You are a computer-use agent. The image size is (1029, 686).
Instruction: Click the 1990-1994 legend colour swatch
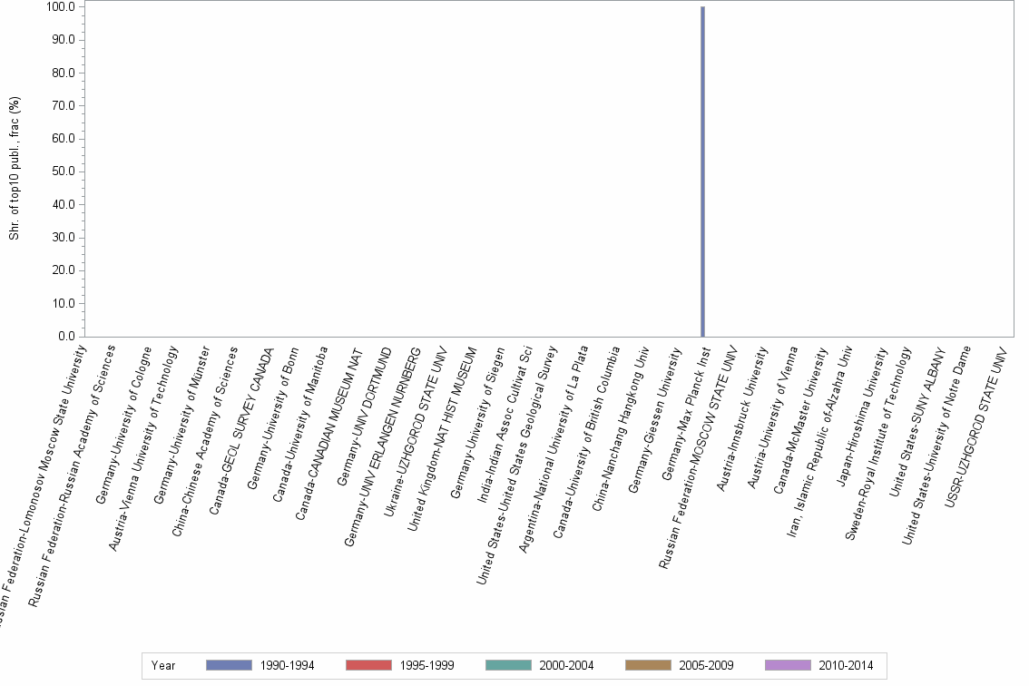tap(229, 665)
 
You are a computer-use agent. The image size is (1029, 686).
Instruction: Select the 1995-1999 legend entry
tap(396, 665)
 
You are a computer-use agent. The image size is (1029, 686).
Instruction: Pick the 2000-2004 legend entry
tap(535, 665)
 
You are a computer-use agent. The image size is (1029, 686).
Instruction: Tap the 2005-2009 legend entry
tap(675, 665)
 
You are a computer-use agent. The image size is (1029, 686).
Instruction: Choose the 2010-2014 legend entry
tap(815, 665)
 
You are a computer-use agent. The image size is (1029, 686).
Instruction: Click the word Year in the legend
tap(163, 665)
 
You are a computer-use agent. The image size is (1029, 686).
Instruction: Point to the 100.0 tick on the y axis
tap(65, 7)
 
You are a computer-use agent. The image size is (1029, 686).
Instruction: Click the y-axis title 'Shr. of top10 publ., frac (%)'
tap(15, 171)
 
